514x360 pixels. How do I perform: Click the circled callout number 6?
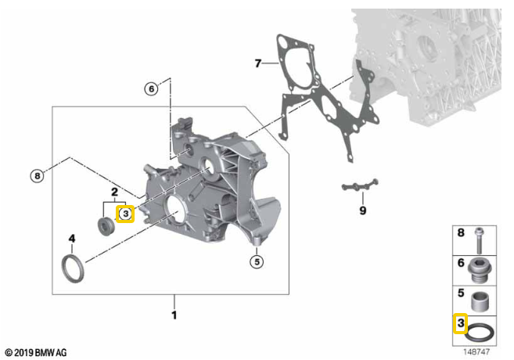[x=151, y=89]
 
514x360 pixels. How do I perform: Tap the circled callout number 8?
[x=37, y=176]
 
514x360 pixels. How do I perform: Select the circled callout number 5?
[x=257, y=261]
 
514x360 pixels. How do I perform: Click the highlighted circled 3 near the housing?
[x=125, y=214]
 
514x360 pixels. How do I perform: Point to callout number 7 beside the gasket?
[x=258, y=63]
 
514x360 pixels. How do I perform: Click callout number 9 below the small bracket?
[x=362, y=211]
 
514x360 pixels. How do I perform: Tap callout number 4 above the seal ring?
[x=72, y=239]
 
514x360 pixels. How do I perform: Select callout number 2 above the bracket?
[x=114, y=192]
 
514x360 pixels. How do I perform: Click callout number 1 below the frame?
[x=174, y=315]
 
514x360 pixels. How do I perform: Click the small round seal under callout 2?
[x=106, y=225]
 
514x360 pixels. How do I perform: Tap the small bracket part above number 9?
[x=360, y=185]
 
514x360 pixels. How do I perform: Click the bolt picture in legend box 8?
[x=480, y=240]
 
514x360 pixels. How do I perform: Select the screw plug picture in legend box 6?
[x=480, y=270]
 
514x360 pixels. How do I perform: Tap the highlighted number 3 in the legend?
[x=460, y=323]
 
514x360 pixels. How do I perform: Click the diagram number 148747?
[x=476, y=352]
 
